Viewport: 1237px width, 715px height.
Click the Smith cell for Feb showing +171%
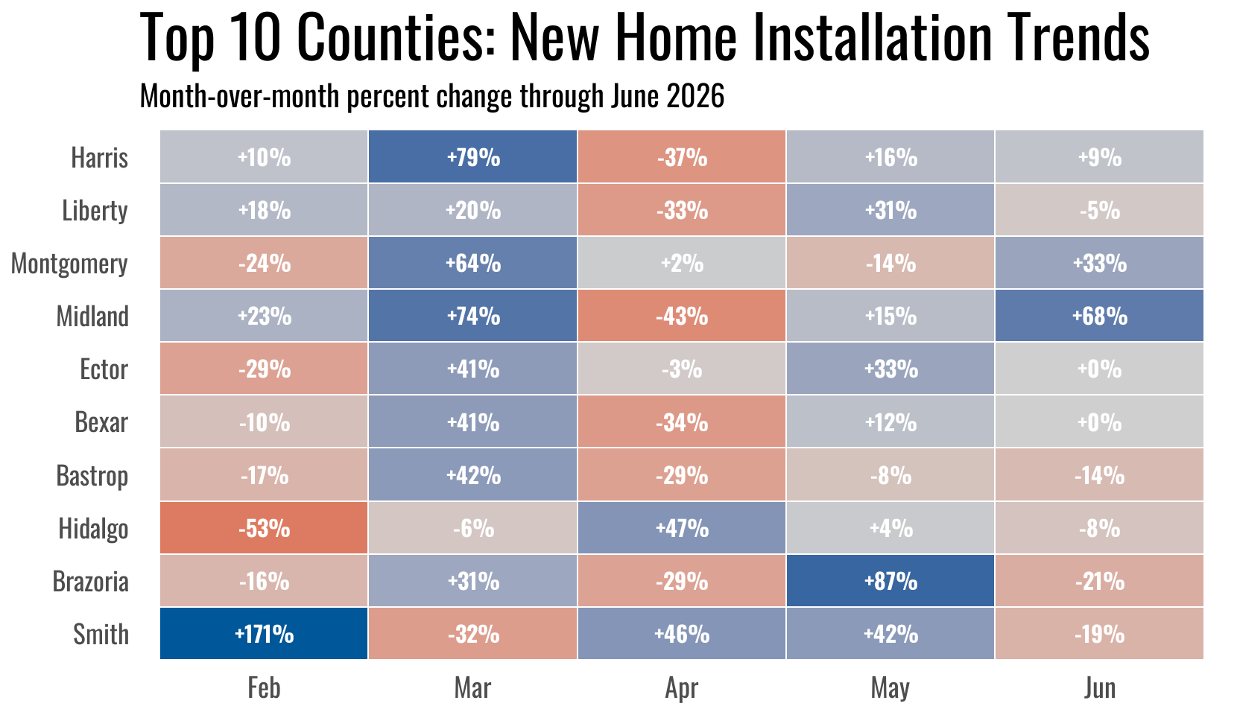[264, 633]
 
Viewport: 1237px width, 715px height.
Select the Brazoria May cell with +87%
[890, 581]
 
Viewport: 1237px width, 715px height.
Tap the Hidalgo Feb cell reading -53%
[264, 528]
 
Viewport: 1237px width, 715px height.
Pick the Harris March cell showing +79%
[472, 157]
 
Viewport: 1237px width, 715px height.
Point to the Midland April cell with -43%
[681, 316]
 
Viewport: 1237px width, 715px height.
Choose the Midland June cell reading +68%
[1099, 316]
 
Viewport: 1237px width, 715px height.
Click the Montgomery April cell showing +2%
[681, 263]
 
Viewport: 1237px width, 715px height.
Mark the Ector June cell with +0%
[1099, 369]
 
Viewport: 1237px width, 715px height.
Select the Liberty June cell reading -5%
[1099, 210]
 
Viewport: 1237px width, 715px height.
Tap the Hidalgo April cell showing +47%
[681, 528]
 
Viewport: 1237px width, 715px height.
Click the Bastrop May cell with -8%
[890, 475]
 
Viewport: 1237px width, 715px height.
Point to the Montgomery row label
[69, 264]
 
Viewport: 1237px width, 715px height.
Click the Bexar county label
[101, 422]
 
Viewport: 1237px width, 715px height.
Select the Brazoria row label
[91, 582]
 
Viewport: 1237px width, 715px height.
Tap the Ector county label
[104, 369]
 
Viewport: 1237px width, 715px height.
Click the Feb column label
[264, 688]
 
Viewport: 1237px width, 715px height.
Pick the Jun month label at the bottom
[1099, 688]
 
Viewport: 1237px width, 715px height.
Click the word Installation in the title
[872, 37]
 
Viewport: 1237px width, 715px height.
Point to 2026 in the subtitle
[695, 96]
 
